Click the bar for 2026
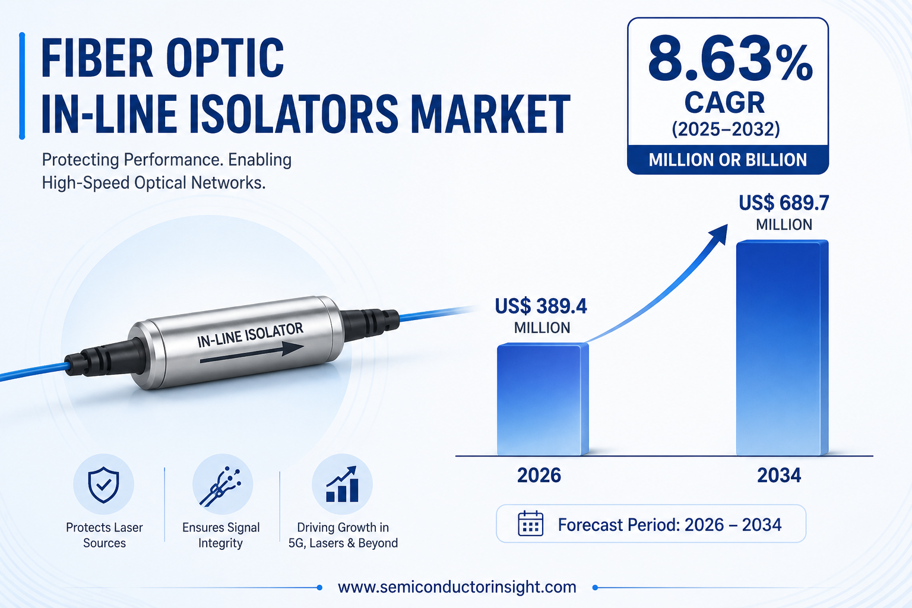(543, 399)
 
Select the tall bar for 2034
(782, 348)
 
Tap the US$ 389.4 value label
(541, 316)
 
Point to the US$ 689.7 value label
(784, 213)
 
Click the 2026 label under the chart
(539, 475)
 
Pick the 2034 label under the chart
(779, 475)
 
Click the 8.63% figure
(730, 58)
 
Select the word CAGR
(725, 103)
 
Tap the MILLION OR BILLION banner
(728, 160)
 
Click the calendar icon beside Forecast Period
(530, 523)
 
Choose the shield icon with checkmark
(104, 484)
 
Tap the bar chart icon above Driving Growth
(343, 484)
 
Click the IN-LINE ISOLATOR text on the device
(251, 335)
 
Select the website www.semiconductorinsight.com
(457, 587)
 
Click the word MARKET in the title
(490, 113)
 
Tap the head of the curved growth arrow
(719, 233)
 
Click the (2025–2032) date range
(726, 129)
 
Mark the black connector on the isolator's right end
(369, 322)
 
